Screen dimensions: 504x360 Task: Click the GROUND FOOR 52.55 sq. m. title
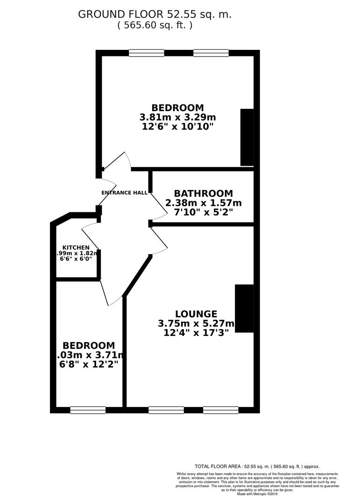(155, 14)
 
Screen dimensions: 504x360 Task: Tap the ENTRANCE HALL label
(124, 192)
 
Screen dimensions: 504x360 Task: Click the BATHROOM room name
(203, 193)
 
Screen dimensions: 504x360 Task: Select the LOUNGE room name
(196, 314)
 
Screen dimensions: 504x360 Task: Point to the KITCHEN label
(76, 247)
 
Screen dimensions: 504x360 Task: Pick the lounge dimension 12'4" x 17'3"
(196, 333)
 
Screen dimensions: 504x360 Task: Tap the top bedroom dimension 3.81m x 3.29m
(177, 117)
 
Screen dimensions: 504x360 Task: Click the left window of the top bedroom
(147, 53)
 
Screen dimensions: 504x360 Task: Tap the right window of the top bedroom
(211, 53)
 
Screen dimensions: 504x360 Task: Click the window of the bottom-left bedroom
(88, 410)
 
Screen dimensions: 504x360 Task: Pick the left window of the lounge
(166, 410)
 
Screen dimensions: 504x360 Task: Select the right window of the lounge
(221, 410)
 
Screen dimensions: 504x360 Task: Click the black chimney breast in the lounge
(244, 308)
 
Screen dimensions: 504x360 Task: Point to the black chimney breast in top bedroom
(247, 137)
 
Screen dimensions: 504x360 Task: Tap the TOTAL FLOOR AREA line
(257, 466)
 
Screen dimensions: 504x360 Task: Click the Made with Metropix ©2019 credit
(256, 494)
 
